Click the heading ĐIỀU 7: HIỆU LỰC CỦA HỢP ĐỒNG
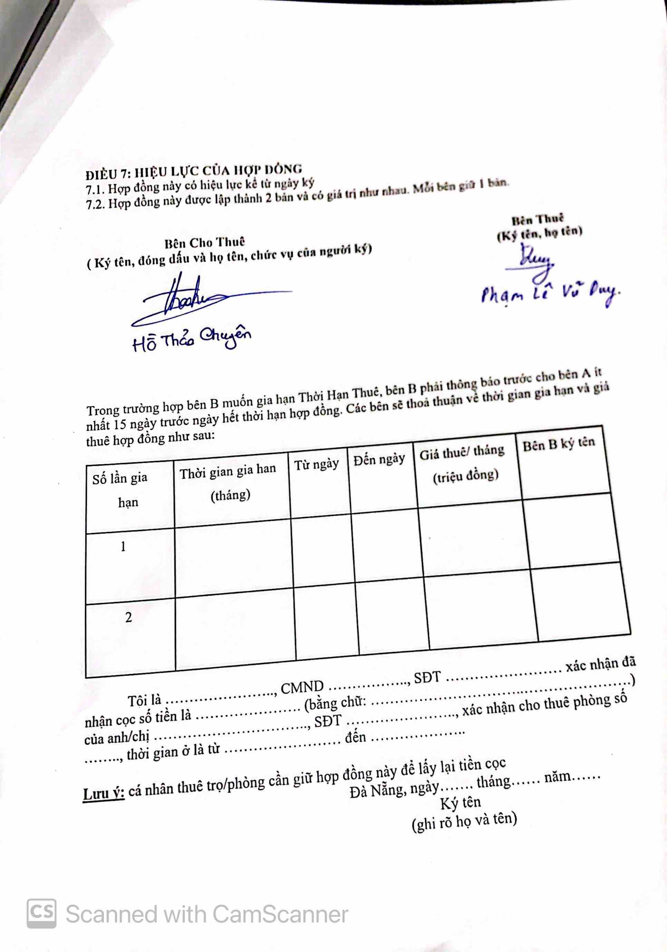coord(193,171)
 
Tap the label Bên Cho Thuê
coord(204,242)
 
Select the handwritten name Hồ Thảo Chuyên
coord(192,338)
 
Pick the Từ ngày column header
coord(317,464)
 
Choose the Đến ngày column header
coord(379,459)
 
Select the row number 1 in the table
coord(123,547)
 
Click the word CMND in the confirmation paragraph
coord(302,687)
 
